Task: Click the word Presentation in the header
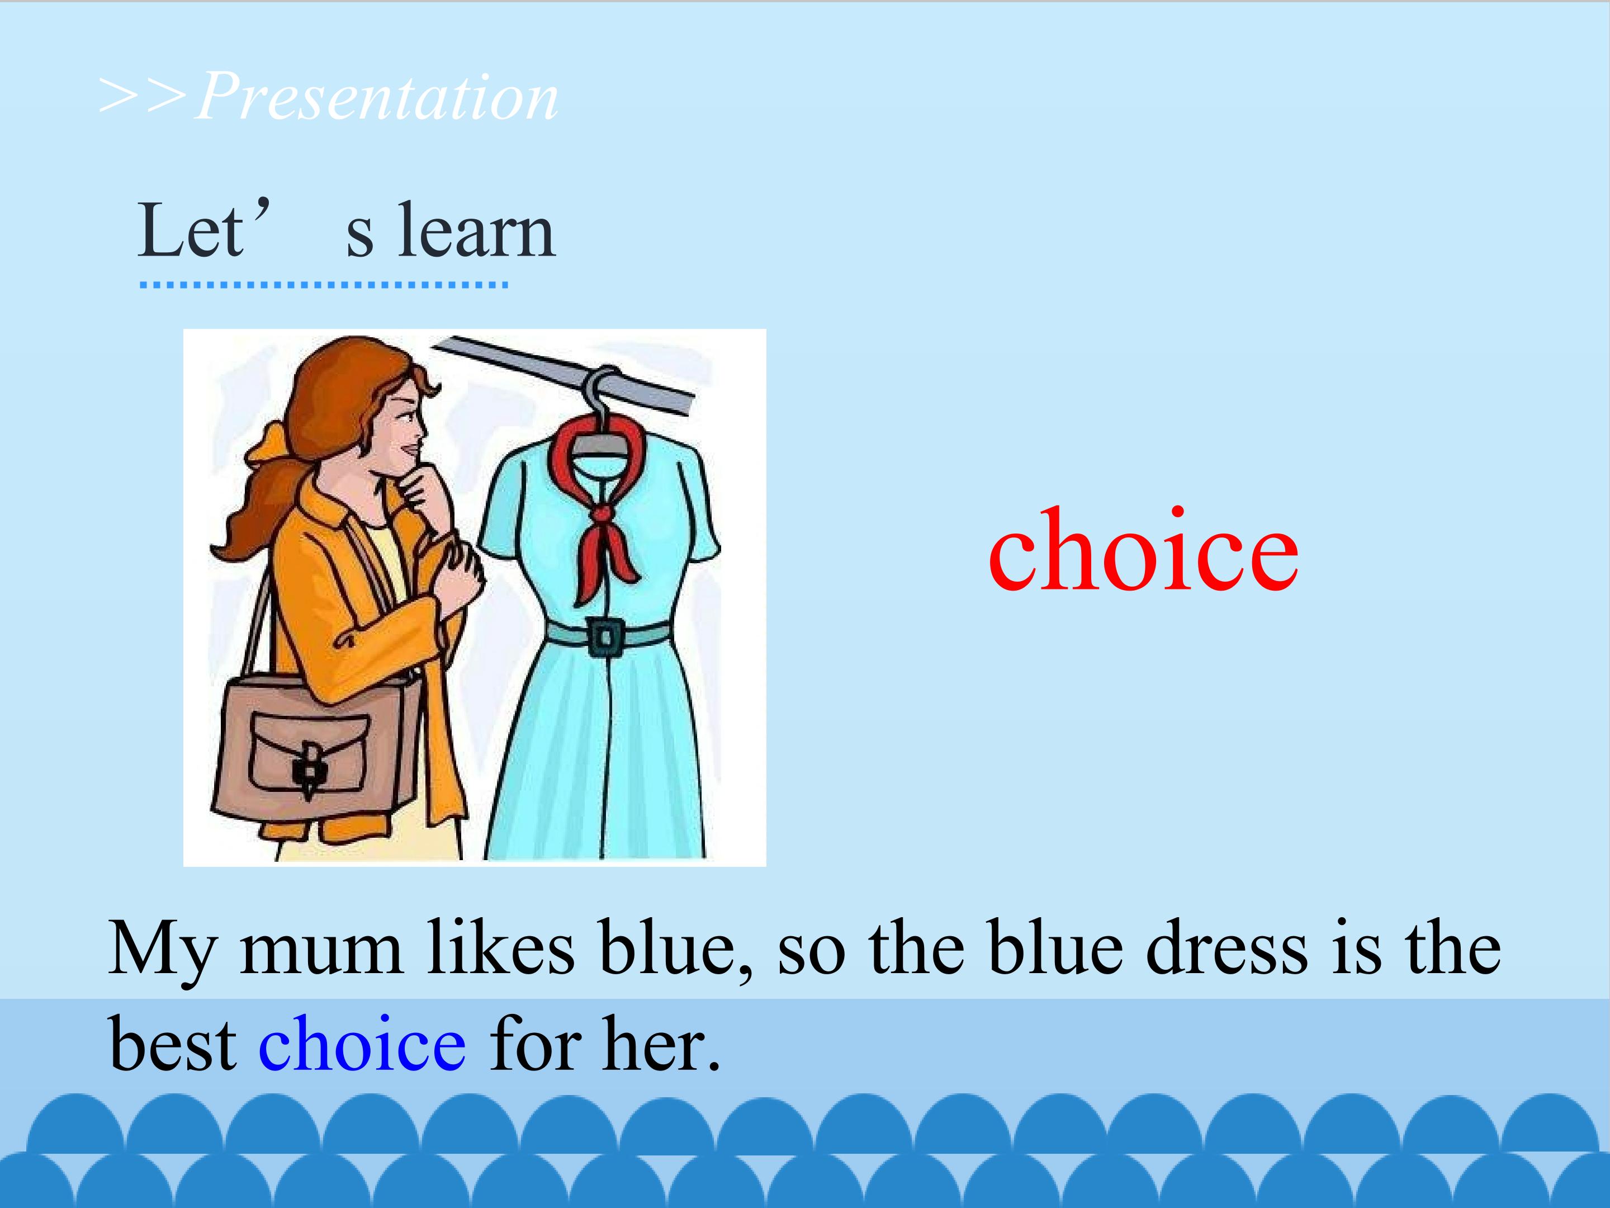click(x=377, y=97)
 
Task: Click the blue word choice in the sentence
click(x=362, y=1044)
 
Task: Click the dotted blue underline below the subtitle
click(x=323, y=285)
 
